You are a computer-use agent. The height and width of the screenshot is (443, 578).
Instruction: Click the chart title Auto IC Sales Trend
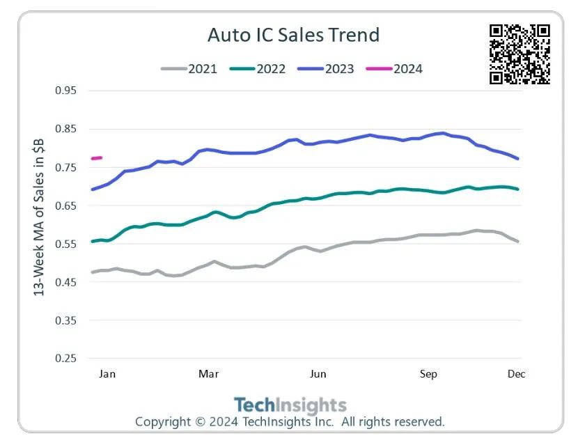pyautogui.click(x=293, y=35)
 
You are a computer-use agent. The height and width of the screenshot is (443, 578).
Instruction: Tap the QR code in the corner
pyautogui.click(x=520, y=54)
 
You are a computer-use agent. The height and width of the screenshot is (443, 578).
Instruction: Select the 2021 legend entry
pyautogui.click(x=189, y=69)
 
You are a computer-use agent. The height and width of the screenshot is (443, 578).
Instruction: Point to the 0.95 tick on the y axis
pyautogui.click(x=66, y=91)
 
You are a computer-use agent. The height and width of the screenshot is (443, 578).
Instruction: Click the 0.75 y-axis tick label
pyautogui.click(x=66, y=168)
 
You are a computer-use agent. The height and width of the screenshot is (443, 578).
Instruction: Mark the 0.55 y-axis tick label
pyautogui.click(x=66, y=244)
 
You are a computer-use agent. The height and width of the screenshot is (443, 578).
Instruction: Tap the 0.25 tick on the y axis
pyautogui.click(x=66, y=359)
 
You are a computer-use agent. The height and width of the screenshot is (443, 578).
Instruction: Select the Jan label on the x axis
pyautogui.click(x=107, y=374)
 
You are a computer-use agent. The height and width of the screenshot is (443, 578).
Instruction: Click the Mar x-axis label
pyautogui.click(x=209, y=374)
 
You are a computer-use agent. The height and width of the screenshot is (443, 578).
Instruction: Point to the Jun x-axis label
pyautogui.click(x=318, y=374)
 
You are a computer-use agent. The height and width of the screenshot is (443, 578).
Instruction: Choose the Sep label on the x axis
pyautogui.click(x=428, y=374)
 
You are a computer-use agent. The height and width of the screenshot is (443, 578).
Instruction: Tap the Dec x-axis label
pyautogui.click(x=516, y=374)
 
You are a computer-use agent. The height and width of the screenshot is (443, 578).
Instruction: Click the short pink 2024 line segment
pyautogui.click(x=97, y=158)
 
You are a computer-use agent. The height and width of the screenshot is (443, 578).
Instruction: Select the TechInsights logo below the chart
pyautogui.click(x=290, y=405)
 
